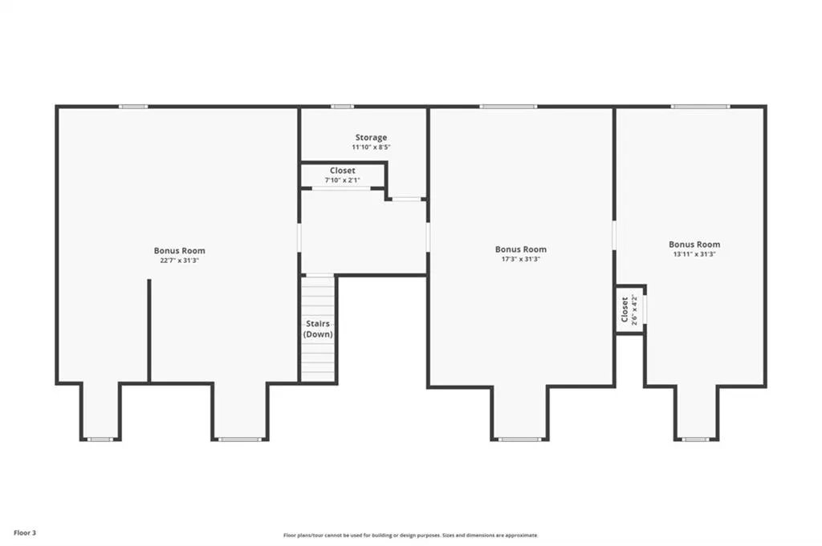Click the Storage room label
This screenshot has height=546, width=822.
pyautogui.click(x=371, y=138)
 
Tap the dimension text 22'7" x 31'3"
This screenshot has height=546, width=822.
pyautogui.click(x=179, y=261)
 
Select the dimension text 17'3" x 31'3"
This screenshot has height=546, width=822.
pyautogui.click(x=520, y=259)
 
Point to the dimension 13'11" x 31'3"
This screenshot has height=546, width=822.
pyautogui.click(x=694, y=254)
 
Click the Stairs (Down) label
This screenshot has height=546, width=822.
pyautogui.click(x=318, y=329)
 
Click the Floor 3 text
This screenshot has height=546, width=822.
pyautogui.click(x=25, y=533)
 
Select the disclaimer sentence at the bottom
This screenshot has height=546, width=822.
pyautogui.click(x=410, y=535)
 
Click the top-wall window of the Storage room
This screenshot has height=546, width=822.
pyautogui.click(x=342, y=107)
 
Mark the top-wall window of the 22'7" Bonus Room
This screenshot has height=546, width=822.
pyautogui.click(x=133, y=107)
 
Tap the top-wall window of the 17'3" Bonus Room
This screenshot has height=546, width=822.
pyautogui.click(x=508, y=107)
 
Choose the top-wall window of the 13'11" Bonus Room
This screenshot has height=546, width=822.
pyautogui.click(x=700, y=107)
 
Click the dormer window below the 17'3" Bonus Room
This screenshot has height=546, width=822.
pyautogui.click(x=519, y=439)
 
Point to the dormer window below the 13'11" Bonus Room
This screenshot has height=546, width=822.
pyautogui.click(x=696, y=439)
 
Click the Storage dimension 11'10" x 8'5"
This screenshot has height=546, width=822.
pyautogui.click(x=371, y=148)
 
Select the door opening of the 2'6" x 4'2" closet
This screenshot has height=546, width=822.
pyautogui.click(x=645, y=310)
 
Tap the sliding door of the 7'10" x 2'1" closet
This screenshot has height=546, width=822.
pyautogui.click(x=341, y=188)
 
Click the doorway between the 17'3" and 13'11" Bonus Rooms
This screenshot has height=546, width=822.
pyautogui.click(x=614, y=236)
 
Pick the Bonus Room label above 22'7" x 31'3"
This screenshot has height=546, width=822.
pyautogui.click(x=179, y=251)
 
